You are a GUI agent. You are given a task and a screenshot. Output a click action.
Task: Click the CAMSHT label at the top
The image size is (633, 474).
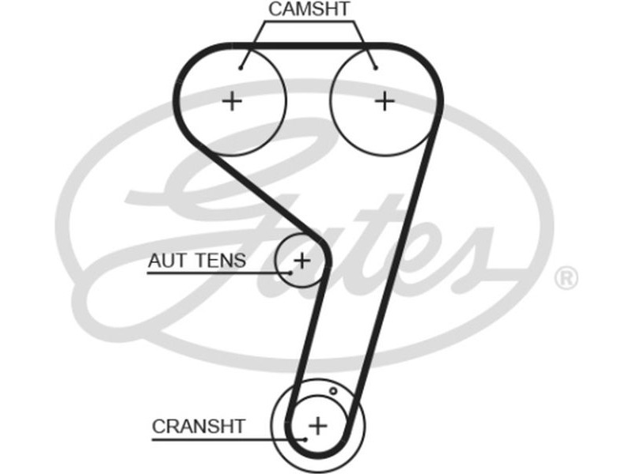pyautogui.click(x=309, y=9)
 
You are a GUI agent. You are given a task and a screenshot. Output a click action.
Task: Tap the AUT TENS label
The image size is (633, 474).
pyautogui.click(x=196, y=260)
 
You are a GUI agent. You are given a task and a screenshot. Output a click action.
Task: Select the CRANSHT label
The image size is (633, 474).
pyautogui.click(x=199, y=427)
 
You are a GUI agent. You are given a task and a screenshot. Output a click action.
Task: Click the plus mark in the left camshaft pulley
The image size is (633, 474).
pyautogui.click(x=232, y=101)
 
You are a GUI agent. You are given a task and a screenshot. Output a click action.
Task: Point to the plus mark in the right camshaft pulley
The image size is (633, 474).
pyautogui.click(x=384, y=101)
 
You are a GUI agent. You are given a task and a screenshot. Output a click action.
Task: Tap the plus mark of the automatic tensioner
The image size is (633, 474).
pyautogui.click(x=301, y=259)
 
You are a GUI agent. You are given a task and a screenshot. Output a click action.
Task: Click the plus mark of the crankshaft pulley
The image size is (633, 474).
pyautogui.click(x=316, y=426)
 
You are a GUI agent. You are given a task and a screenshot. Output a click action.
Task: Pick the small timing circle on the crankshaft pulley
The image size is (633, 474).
pyautogui.click(x=333, y=391)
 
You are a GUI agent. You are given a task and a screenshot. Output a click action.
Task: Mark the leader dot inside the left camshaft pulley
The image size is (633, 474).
pyautogui.click(x=241, y=67)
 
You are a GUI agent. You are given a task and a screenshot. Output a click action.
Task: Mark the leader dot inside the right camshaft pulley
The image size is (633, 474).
pyautogui.click(x=375, y=67)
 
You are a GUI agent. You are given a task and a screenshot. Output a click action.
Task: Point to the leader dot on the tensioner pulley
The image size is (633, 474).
pyautogui.click(x=290, y=273)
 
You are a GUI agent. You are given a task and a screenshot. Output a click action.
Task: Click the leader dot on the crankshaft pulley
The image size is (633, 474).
pyautogui.click(x=305, y=438)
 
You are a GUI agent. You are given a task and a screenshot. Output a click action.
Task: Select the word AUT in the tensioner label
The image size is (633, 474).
pyautogui.click(x=164, y=260)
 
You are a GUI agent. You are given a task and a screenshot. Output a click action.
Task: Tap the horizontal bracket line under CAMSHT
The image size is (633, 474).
pyautogui.click(x=309, y=22)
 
